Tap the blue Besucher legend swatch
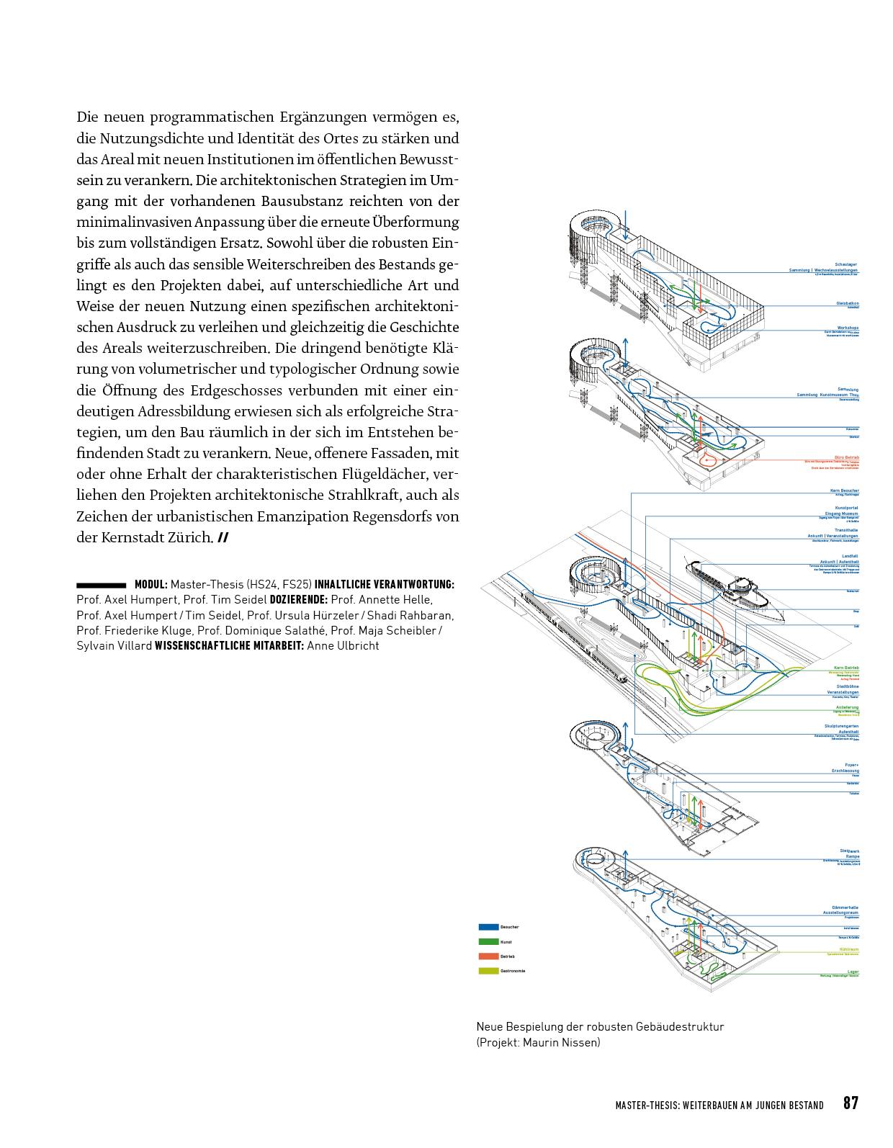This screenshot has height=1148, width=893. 488,927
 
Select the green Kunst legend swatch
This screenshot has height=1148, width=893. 488,941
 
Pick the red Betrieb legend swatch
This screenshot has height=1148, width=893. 488,956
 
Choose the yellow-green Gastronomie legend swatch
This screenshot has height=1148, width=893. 488,971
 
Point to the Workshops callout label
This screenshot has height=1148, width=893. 848,328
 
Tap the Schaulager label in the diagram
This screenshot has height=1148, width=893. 846,264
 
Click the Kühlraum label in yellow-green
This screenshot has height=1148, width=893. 848,949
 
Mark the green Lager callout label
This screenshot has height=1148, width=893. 852,972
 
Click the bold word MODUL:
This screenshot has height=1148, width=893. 151,585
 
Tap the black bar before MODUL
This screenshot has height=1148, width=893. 101,585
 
